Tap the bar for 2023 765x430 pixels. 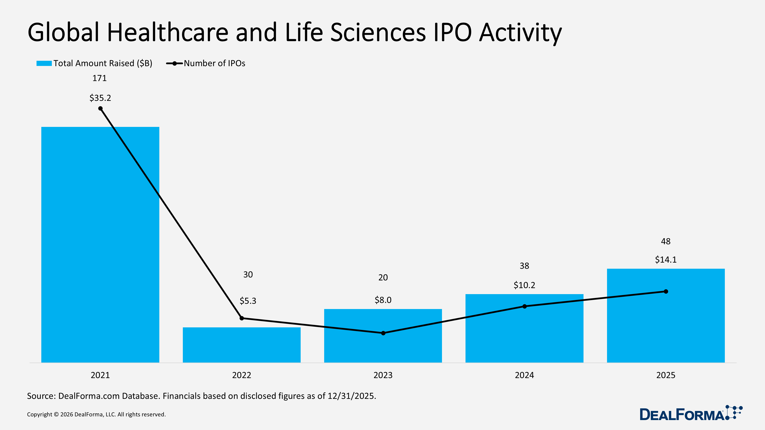tap(383, 347)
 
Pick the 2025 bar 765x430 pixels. tap(666, 326)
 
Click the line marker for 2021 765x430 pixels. tap(100, 109)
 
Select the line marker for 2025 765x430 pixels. tap(666, 291)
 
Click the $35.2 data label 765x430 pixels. tap(100, 98)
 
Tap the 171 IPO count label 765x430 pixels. tap(99, 78)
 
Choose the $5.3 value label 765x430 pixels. tap(248, 301)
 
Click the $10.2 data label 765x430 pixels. tap(524, 285)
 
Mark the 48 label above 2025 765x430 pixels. tap(666, 241)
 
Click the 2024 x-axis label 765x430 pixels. tap(524, 375)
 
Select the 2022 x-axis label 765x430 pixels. tap(241, 375)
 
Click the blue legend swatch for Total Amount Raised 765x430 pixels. tap(44, 63)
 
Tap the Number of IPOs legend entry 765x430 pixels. tap(214, 63)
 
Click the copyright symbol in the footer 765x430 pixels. tap(56, 415)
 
